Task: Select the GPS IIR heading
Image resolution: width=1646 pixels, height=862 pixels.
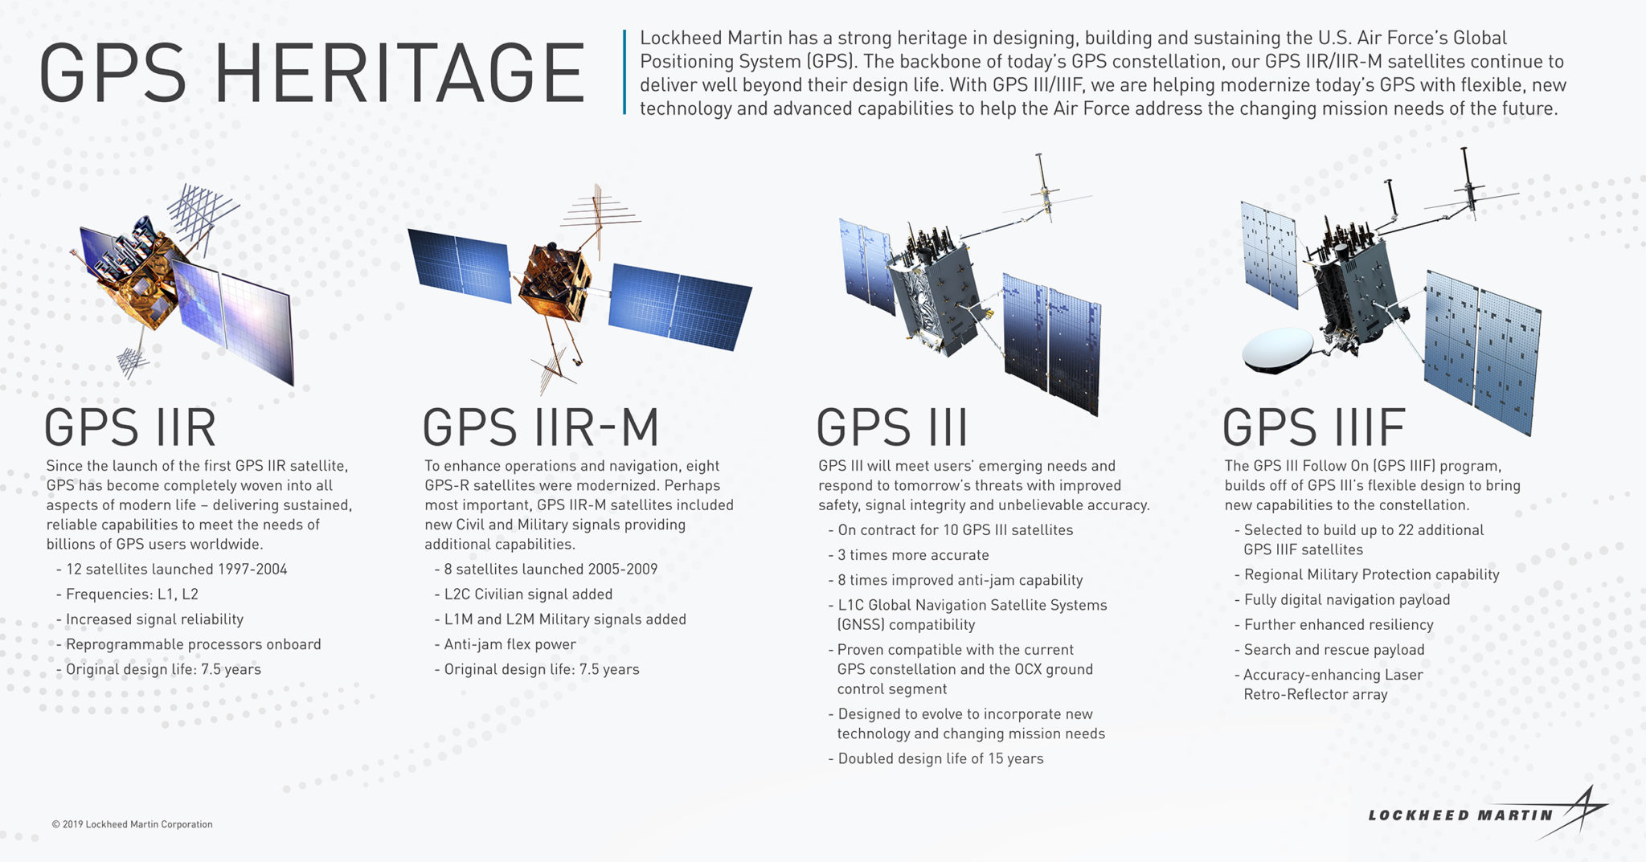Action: pyautogui.click(x=130, y=427)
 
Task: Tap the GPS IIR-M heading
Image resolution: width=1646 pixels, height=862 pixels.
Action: pyautogui.click(x=540, y=427)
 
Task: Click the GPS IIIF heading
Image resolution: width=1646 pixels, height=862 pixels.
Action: pyautogui.click(x=1313, y=427)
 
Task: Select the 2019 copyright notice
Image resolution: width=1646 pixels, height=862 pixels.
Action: pyautogui.click(x=132, y=824)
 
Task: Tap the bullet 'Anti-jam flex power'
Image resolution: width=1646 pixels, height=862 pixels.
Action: pyautogui.click(x=510, y=644)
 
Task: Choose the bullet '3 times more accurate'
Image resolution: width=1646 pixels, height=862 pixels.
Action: pyautogui.click(x=913, y=555)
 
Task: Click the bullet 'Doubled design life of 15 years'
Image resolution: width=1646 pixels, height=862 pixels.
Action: pyautogui.click(x=940, y=759)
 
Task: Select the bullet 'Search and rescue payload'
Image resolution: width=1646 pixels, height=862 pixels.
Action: pyautogui.click(x=1334, y=650)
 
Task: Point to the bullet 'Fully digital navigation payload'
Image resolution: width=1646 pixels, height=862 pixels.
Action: pyautogui.click(x=1347, y=600)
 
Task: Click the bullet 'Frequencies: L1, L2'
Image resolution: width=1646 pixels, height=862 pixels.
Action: pyautogui.click(x=132, y=594)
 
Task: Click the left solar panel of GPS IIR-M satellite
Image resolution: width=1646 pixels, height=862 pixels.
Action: pyautogui.click(x=460, y=265)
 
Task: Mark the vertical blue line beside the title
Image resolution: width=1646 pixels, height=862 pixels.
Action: pyautogui.click(x=624, y=72)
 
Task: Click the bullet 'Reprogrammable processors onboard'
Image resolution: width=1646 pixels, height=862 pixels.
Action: pyautogui.click(x=193, y=644)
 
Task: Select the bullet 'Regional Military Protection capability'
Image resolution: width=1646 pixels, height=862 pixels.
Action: pyautogui.click(x=1371, y=575)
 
